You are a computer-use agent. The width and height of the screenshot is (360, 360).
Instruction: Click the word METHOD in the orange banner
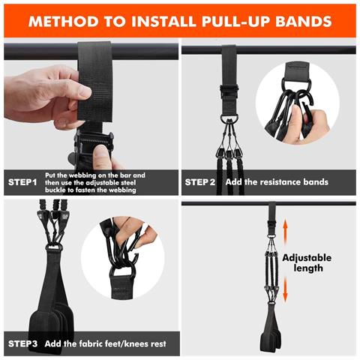pyautogui.click(x=63, y=21)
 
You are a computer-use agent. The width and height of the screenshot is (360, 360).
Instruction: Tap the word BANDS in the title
pyautogui.click(x=304, y=21)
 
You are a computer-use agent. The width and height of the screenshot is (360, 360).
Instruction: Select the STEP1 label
pyautogui.click(x=22, y=182)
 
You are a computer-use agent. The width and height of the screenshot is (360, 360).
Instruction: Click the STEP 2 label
pyautogui.click(x=199, y=182)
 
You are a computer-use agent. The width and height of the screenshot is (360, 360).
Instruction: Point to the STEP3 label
pyautogui.click(x=22, y=343)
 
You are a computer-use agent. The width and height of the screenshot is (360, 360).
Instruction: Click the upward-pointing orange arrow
pyautogui.click(x=285, y=231)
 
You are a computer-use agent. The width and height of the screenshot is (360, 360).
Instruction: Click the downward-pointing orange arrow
pyautogui.click(x=285, y=290)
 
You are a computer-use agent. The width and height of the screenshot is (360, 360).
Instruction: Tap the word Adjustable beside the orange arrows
pyautogui.click(x=307, y=258)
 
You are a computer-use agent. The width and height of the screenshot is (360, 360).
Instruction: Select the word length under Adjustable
pyautogui.click(x=308, y=268)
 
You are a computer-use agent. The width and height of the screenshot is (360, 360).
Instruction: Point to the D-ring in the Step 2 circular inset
pyautogui.click(x=295, y=82)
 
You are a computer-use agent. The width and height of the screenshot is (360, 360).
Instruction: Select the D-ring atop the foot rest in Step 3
pyautogui.click(x=54, y=248)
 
